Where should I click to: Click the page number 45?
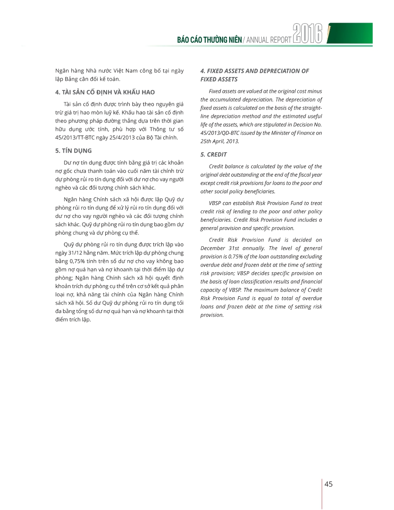329,484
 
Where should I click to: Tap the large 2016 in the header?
307,35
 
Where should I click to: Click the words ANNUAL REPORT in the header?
268,40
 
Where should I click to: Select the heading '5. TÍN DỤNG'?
73,150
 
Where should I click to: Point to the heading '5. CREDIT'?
213,154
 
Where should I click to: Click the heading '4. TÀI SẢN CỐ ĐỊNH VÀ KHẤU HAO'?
105,92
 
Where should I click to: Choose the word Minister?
279,133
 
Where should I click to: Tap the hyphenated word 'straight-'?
310,108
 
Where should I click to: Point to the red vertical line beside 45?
322,494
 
